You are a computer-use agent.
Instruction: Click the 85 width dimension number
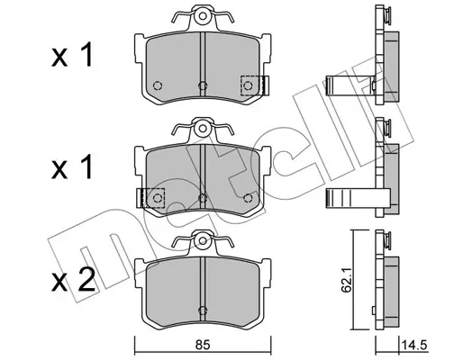click(203, 346)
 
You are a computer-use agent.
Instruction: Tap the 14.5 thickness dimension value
click(414, 346)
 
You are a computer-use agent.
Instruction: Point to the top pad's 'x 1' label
click(72, 55)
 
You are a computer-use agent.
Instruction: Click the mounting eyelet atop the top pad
click(203, 15)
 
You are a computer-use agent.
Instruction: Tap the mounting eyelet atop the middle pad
click(203, 129)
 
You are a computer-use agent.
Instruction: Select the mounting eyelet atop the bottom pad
click(203, 241)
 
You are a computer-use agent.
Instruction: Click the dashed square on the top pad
click(251, 85)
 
